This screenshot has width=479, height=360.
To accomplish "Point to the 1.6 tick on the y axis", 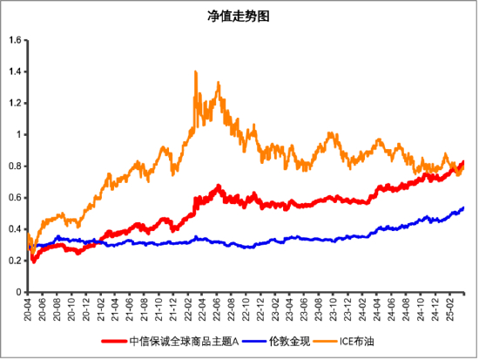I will pos(15,40).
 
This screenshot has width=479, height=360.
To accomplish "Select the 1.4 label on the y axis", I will pos(15,71).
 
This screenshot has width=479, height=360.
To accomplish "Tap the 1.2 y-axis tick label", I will pos(15,103).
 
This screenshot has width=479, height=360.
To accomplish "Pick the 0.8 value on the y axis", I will pos(15,166).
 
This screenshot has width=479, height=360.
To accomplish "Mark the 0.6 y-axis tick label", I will pos(15,197).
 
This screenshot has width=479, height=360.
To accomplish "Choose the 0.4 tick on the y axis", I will pos(15,228).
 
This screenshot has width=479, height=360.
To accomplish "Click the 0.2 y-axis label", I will pos(15,260).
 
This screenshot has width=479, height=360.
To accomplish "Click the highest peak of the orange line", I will pos(195,71).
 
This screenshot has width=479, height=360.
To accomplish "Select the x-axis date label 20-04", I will pos(30,308).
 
